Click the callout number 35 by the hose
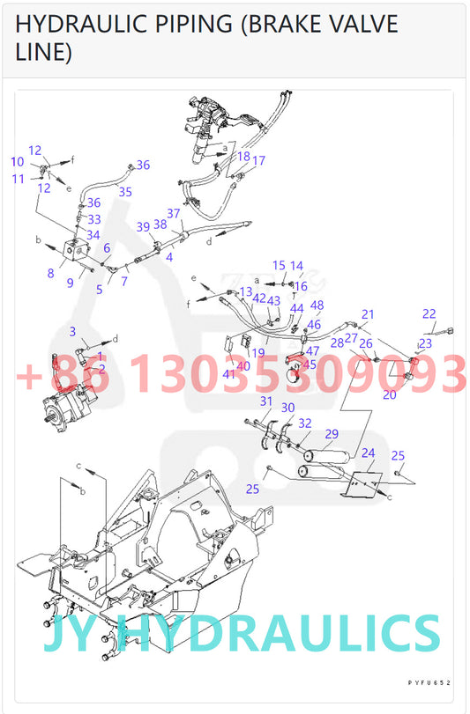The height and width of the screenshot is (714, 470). point(125,191)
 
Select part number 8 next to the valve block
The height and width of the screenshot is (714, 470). point(50,273)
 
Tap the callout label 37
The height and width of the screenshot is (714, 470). point(174,213)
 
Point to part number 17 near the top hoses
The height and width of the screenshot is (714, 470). point(258,161)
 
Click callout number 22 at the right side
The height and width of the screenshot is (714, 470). point(429,314)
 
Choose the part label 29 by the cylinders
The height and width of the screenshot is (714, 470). point(332,434)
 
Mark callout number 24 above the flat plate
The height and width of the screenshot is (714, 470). point(369,453)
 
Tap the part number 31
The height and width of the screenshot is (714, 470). point(265,401)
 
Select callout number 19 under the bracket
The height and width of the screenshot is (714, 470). point(257,353)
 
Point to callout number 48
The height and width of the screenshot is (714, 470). point(317,305)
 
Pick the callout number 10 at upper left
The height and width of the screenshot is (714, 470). point(18,161)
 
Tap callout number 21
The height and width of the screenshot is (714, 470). point(368,314)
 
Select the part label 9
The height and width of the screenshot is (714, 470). point(70,283)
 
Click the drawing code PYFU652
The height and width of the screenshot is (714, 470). point(429,682)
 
